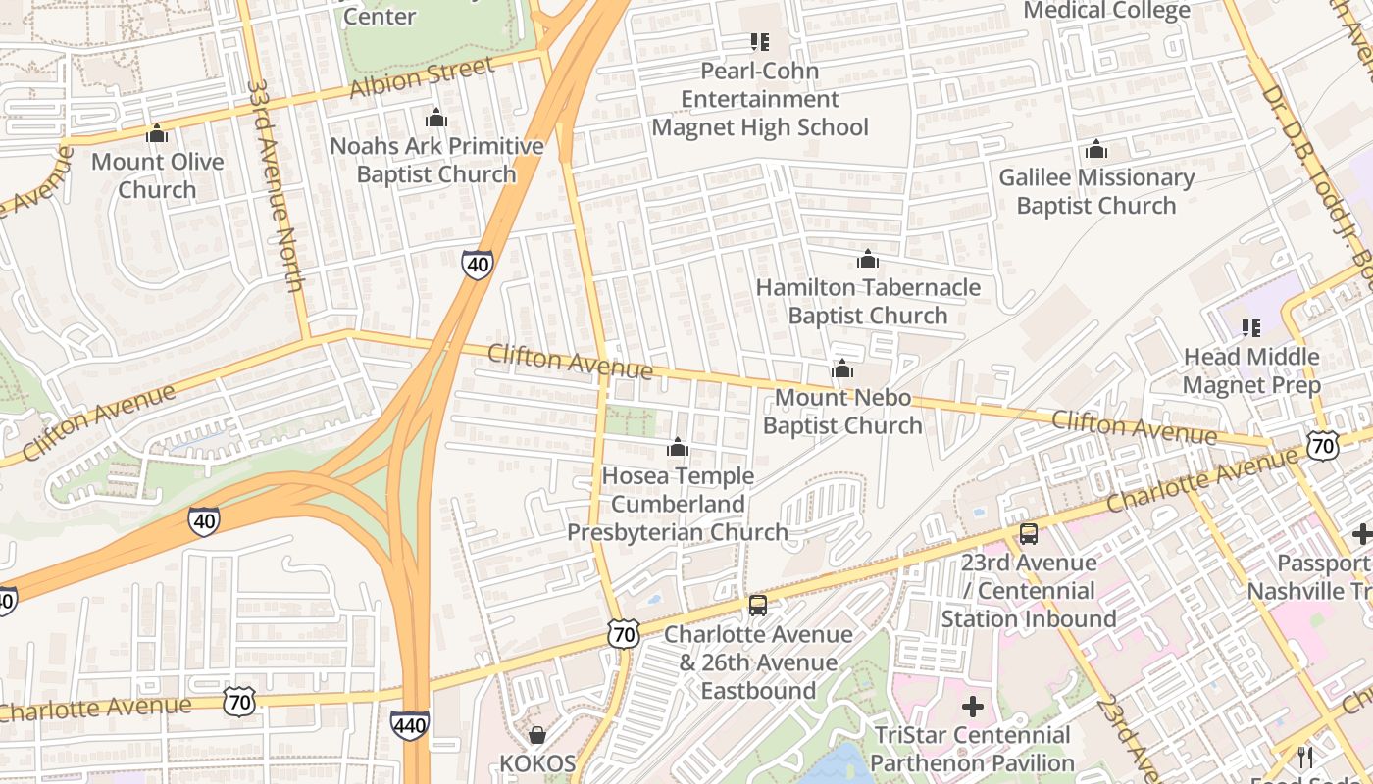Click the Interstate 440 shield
click(409, 724)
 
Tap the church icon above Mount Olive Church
click(157, 133)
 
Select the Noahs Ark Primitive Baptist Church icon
click(436, 119)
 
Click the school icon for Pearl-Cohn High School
click(759, 42)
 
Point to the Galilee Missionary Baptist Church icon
click(1095, 150)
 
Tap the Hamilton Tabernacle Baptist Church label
click(868, 301)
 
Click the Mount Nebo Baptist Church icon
click(841, 369)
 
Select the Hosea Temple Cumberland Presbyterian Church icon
click(677, 448)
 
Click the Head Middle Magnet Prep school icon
click(1250, 327)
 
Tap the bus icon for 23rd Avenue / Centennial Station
click(1028, 534)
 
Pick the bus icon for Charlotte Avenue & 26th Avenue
click(757, 606)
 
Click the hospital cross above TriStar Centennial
click(972, 707)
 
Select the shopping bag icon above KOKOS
click(536, 735)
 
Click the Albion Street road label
click(421, 78)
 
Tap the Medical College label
click(1106, 11)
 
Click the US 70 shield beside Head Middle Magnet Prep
click(1323, 447)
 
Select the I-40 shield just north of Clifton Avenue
click(478, 264)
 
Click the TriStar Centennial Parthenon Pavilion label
click(972, 749)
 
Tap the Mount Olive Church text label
click(157, 175)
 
